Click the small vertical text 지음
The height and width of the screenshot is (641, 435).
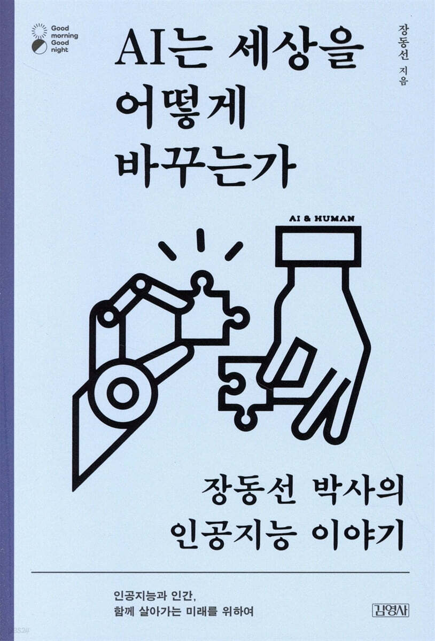(410, 85)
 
